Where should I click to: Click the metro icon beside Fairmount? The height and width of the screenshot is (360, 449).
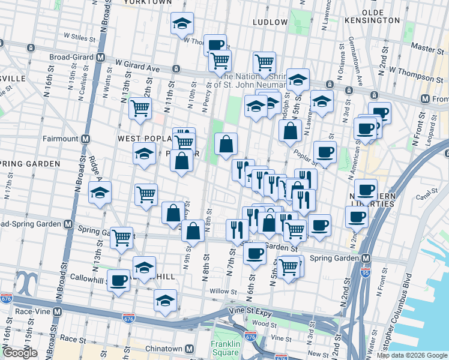pos(85,139)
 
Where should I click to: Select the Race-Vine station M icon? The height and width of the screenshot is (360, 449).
pos(57,312)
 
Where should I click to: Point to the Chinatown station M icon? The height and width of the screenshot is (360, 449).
pos(190,349)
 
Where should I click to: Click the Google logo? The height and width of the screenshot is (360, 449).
pos(20,353)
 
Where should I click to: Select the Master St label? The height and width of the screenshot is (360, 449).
pos(423,46)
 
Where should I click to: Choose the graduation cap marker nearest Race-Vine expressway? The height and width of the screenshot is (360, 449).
pos(165,300)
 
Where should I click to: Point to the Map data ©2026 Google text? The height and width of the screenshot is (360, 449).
pos(412,355)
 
